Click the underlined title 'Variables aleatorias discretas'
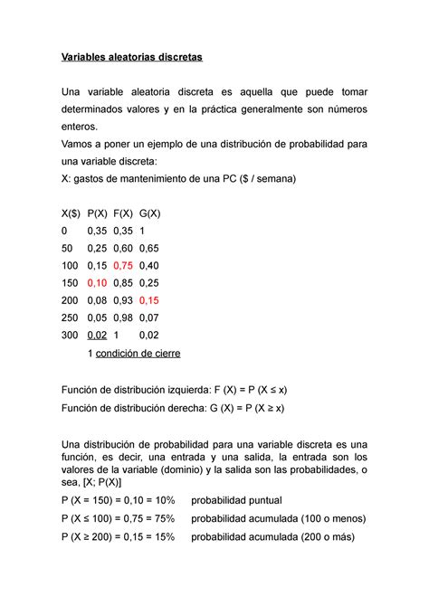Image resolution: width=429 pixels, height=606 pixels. tap(132, 58)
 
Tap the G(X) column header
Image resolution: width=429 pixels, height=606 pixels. tap(155, 213)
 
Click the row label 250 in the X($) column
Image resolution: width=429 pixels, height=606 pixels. tap(69, 317)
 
